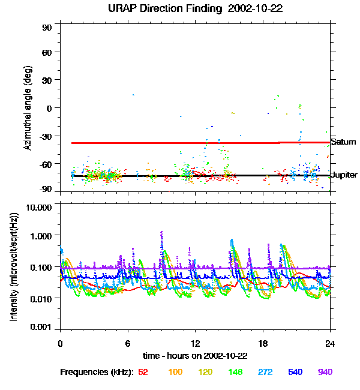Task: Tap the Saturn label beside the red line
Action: (344, 142)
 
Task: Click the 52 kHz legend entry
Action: (143, 372)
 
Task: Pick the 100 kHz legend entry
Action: (175, 372)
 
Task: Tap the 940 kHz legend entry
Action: (325, 372)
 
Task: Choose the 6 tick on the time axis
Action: (127, 343)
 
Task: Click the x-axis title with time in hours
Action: (195, 355)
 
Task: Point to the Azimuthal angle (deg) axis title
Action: (28, 108)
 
